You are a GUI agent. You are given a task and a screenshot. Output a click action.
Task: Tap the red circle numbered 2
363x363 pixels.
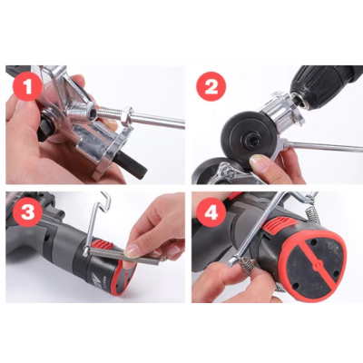click(211, 86)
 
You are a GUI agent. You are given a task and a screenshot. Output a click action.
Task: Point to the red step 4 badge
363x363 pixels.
click(211, 215)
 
